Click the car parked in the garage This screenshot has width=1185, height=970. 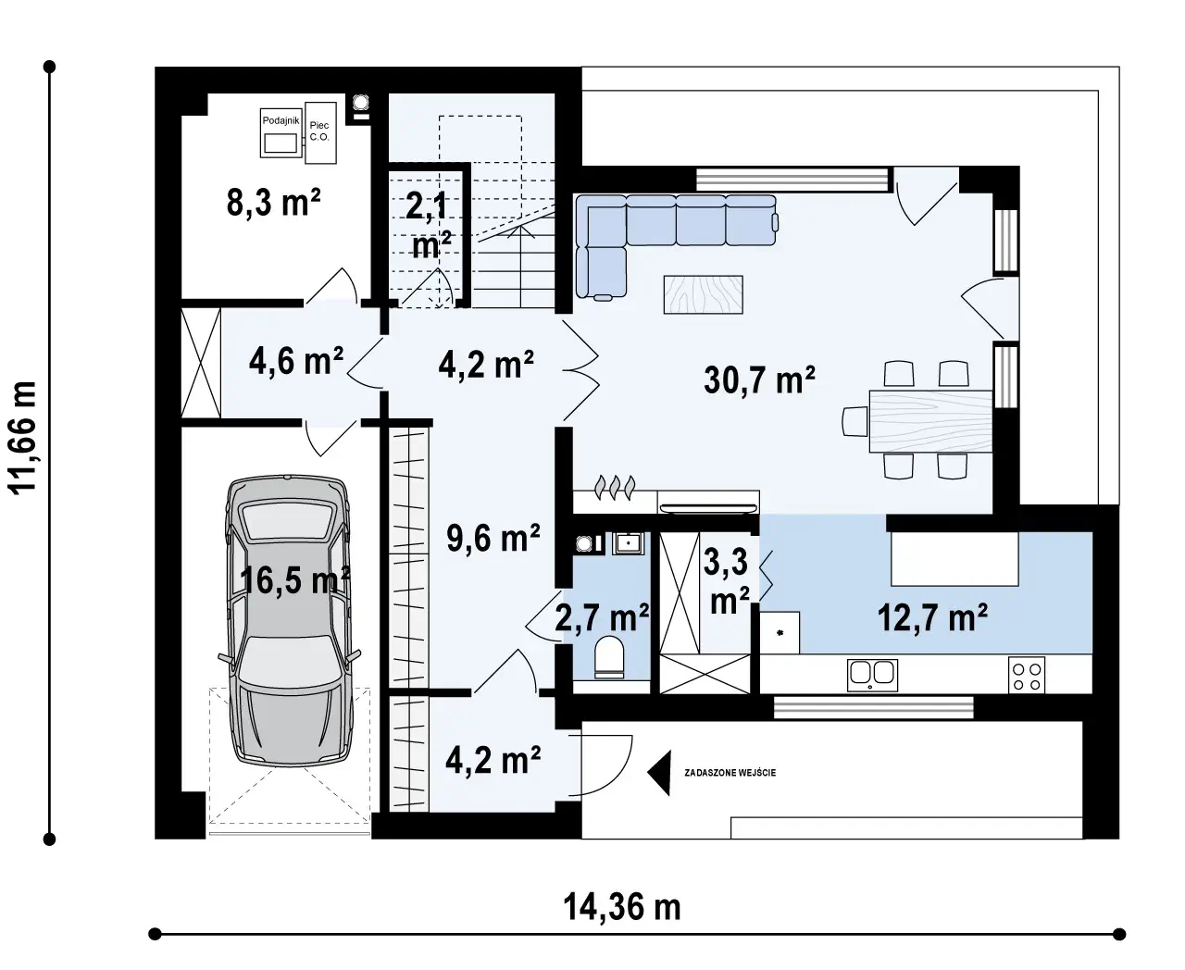click(x=289, y=620)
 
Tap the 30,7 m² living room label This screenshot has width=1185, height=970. click(x=759, y=380)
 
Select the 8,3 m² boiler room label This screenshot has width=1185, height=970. click(x=274, y=202)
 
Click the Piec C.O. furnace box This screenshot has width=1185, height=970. click(x=320, y=132)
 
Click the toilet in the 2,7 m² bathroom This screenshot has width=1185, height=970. click(x=609, y=656)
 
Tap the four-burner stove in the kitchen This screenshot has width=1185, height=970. click(x=1027, y=675)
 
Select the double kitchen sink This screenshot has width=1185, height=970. click(x=872, y=675)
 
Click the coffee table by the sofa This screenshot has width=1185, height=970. click(x=704, y=294)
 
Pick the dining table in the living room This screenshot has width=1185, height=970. click(x=930, y=421)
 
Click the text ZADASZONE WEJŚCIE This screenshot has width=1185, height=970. click(x=730, y=773)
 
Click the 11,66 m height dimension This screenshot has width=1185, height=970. click(x=22, y=438)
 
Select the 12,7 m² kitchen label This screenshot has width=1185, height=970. click(x=932, y=617)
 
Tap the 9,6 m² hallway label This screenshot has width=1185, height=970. click(x=493, y=538)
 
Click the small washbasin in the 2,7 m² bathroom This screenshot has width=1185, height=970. click(x=628, y=543)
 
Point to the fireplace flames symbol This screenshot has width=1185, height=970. click(x=616, y=487)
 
